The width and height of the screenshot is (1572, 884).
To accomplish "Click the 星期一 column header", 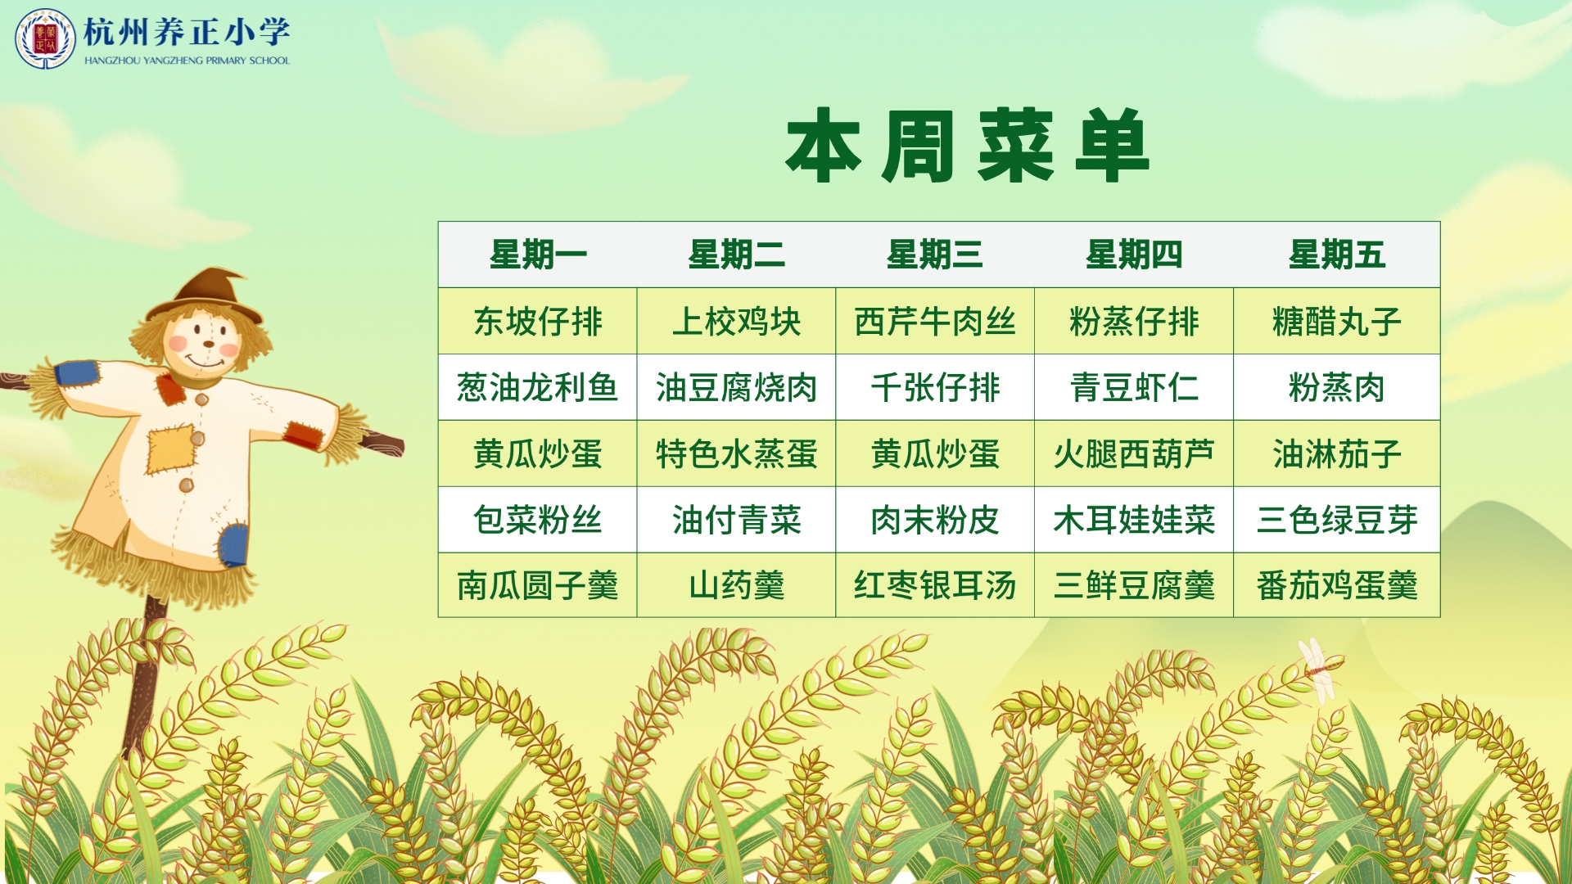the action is pos(538,255).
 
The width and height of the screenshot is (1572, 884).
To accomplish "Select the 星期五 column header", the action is pos(1336,255).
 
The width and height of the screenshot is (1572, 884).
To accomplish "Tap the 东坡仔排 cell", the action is pos(538,321).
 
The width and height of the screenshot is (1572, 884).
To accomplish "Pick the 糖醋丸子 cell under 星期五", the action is pos(1336,321).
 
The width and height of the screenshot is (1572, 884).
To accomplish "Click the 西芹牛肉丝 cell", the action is pos(935,321).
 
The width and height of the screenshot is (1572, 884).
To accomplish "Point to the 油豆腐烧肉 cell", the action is pos(736,387).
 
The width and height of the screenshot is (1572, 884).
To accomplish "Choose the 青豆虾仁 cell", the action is pos(1134,387).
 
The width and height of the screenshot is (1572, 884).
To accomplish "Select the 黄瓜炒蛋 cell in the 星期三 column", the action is pos(935,453).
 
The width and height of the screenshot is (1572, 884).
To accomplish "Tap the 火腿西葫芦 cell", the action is pos(1134,453).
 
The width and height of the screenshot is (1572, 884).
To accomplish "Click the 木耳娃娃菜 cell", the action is pos(1134,520).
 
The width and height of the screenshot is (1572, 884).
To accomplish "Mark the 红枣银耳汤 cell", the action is pos(935,585).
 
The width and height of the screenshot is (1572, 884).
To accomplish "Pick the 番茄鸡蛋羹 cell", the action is pos(1336,585).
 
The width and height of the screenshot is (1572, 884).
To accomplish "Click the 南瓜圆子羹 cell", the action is pos(538,585).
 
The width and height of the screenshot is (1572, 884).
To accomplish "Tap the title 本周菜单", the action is pos(968,146).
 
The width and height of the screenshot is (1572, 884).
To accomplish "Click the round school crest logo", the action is pos(45,38).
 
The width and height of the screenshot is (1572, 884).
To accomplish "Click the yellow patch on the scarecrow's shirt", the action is pos(171,449).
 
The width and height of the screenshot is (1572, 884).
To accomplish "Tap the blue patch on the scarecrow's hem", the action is pos(233,545).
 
